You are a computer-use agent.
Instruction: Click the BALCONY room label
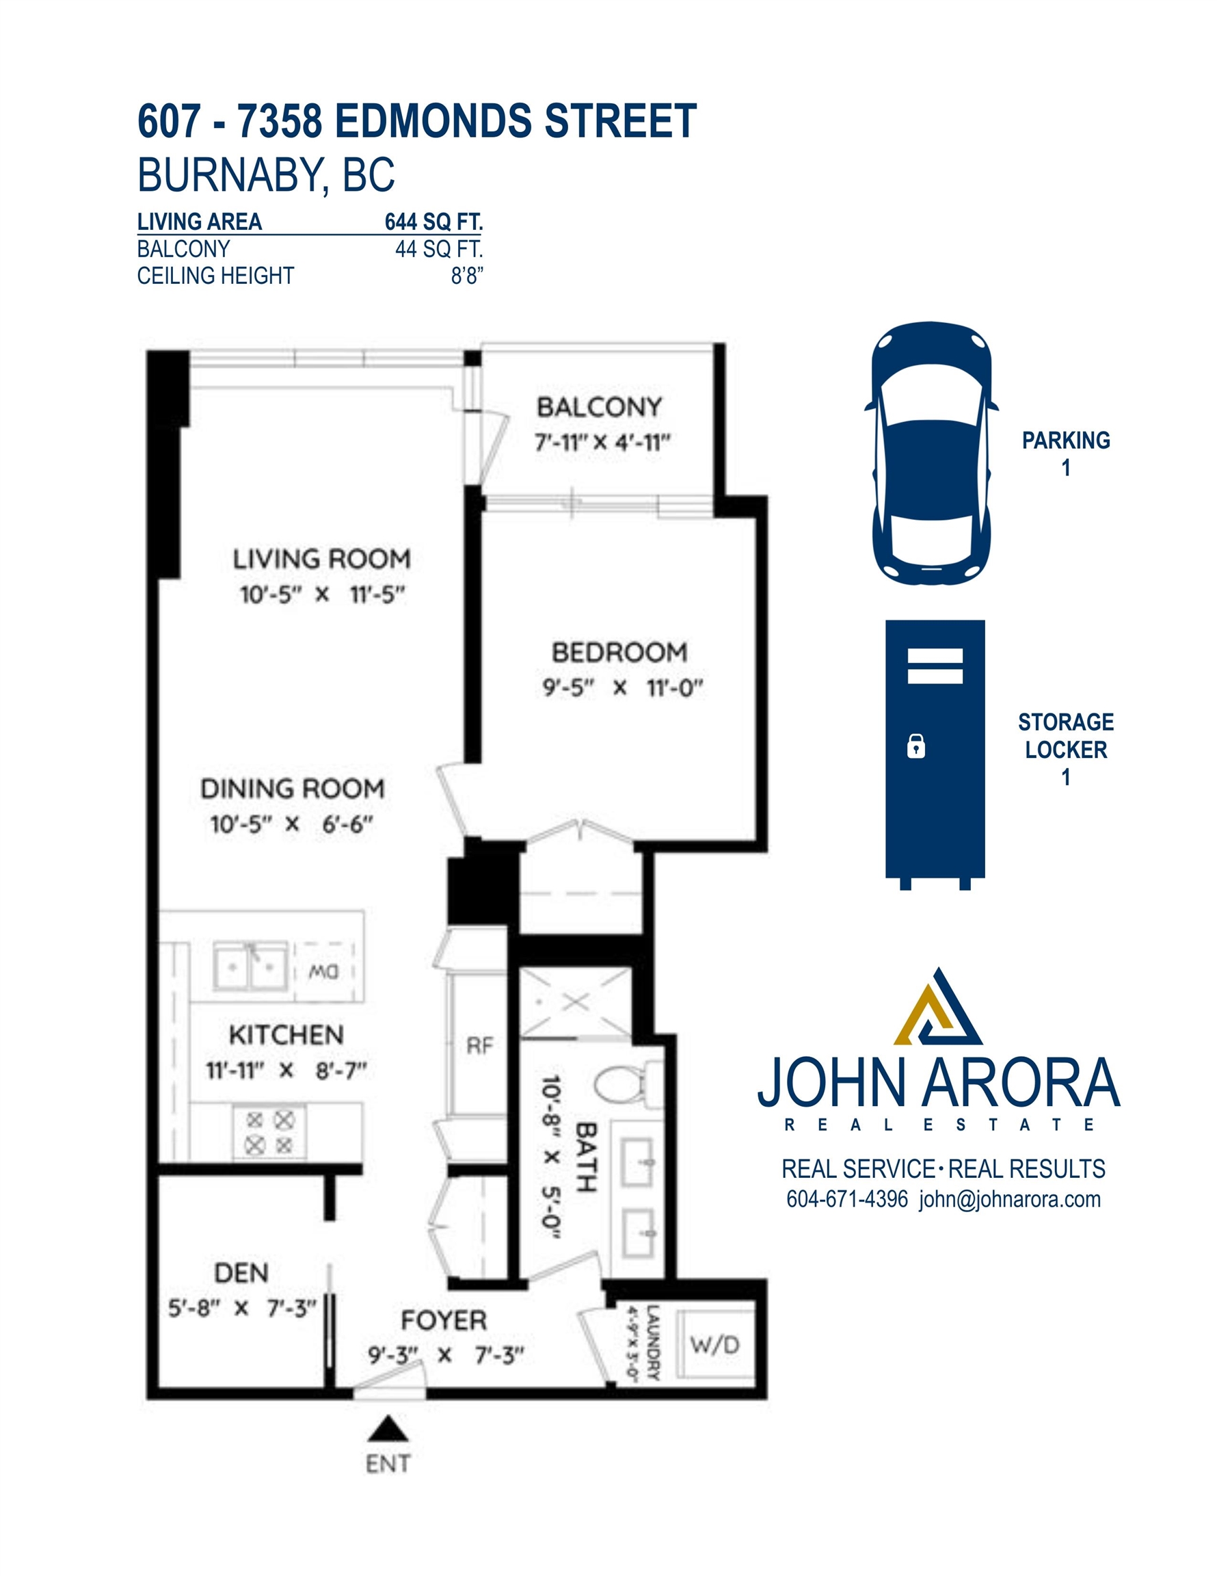tap(599, 407)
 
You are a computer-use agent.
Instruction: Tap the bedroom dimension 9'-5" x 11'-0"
tap(623, 687)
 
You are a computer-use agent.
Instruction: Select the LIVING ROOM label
tap(322, 560)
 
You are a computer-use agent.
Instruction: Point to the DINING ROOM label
tap(292, 789)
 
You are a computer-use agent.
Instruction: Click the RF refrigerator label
tap(480, 1046)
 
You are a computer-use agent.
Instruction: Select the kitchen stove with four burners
tap(269, 1132)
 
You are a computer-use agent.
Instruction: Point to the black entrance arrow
tap(388, 1428)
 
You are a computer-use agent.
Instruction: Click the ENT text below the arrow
tap(388, 1463)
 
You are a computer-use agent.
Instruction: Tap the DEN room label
tap(241, 1273)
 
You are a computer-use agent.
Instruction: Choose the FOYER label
tap(444, 1321)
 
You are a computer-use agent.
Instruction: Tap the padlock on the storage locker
tap(915, 746)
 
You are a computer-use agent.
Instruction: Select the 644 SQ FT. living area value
tap(433, 222)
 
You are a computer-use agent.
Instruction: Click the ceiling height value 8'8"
tap(467, 275)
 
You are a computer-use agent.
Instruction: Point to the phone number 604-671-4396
tap(847, 1199)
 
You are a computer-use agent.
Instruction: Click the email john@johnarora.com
tap(1010, 1199)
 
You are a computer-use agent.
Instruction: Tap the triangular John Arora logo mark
tap(938, 1008)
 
